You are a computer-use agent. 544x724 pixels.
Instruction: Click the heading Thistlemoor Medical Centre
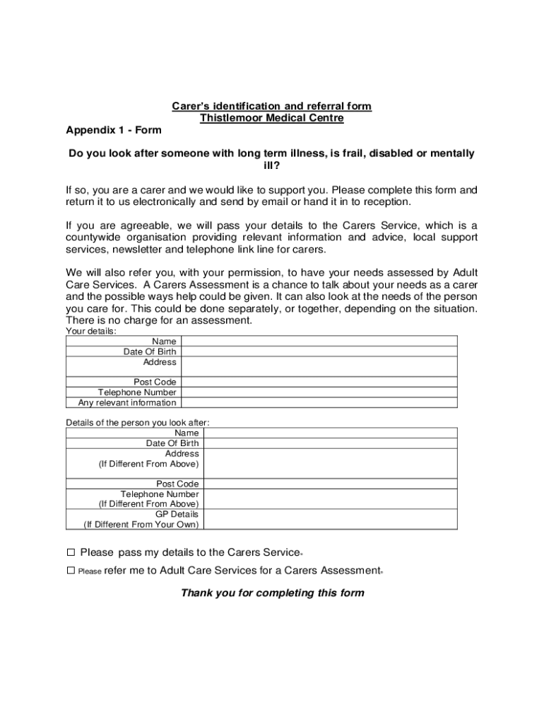(272, 118)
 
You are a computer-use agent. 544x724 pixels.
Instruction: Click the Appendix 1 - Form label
(114, 130)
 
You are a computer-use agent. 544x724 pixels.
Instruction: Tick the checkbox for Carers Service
(71, 552)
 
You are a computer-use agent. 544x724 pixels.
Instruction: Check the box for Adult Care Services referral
(71, 570)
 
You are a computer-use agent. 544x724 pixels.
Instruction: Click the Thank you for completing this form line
(272, 592)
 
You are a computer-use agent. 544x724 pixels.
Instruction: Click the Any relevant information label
(127, 403)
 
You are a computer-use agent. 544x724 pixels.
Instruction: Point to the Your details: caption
(91, 331)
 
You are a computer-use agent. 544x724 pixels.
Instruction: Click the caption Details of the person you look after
(137, 423)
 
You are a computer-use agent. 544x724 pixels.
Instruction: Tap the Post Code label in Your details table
(155, 383)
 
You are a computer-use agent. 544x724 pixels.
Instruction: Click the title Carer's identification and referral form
(272, 106)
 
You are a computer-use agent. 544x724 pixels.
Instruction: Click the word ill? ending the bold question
(272, 166)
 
